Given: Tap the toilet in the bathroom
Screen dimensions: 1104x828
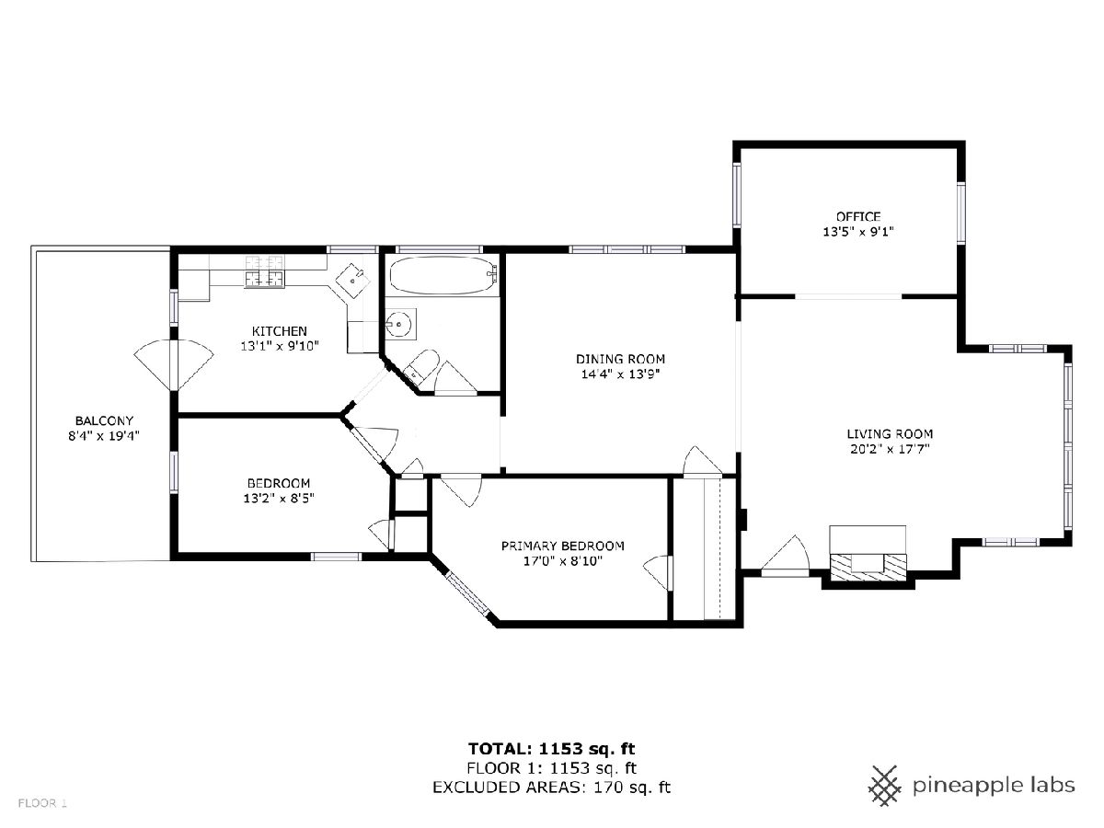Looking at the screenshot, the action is click(421, 365).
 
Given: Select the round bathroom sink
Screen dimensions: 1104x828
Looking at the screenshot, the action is click(401, 324).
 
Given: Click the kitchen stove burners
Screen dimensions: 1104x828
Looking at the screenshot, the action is click(264, 271).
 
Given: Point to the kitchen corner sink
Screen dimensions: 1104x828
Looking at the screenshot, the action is click(353, 281).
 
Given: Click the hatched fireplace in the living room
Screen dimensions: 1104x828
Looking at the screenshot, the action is click(868, 567).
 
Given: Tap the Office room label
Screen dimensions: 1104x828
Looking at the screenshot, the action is click(858, 217).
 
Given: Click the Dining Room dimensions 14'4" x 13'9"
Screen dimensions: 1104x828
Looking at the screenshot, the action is click(620, 374).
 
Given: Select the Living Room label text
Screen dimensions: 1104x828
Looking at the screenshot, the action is click(890, 434).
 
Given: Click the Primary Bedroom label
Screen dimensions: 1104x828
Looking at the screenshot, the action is click(563, 546).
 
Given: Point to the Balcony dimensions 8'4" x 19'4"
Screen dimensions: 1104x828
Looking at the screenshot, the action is click(104, 435).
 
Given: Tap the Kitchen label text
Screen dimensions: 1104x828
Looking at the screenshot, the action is click(279, 331).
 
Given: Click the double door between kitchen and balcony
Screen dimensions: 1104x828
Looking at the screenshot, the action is click(174, 365).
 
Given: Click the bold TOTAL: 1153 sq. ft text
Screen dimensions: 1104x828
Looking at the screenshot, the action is click(552, 749).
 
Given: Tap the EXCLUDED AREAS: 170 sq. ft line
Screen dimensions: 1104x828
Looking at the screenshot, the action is click(552, 788).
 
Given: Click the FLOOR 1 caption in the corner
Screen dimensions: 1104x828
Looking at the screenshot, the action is click(42, 803).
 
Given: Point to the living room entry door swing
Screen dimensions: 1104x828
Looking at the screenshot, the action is click(785, 556).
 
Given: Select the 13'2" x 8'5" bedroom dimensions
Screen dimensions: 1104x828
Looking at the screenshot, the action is click(279, 499).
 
